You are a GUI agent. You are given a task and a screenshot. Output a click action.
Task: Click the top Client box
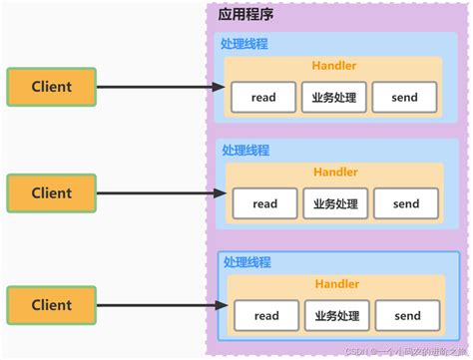click(x=52, y=87)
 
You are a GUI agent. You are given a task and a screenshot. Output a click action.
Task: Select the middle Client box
click(x=52, y=193)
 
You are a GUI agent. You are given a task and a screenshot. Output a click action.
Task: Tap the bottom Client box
click(x=52, y=304)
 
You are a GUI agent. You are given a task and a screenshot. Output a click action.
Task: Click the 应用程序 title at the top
click(x=245, y=14)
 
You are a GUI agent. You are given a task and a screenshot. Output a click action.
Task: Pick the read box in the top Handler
click(x=264, y=98)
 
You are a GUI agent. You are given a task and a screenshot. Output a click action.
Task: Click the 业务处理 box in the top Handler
click(x=334, y=98)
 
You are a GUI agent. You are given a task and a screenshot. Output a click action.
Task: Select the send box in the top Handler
click(x=406, y=98)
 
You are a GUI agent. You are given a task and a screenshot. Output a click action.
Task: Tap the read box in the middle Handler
click(x=264, y=203)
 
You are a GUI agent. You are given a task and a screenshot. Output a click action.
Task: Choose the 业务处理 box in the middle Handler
click(x=334, y=203)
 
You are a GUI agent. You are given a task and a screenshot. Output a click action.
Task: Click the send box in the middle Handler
click(x=406, y=203)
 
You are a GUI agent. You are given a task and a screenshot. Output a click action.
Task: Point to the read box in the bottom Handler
click(x=266, y=316)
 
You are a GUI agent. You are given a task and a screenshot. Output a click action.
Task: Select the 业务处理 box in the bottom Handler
click(x=336, y=316)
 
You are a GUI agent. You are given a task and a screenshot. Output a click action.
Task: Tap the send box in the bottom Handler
click(x=407, y=316)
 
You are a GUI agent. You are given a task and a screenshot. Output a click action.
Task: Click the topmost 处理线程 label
click(x=244, y=44)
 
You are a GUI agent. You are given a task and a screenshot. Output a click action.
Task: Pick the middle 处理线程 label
click(x=244, y=150)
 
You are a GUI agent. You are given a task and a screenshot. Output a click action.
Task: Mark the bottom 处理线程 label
click(x=247, y=262)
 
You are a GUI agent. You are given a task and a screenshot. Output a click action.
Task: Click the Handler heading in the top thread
click(x=335, y=66)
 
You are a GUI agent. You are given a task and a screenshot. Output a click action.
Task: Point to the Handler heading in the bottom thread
click(x=337, y=284)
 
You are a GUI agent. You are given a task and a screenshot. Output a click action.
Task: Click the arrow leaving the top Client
click(x=160, y=87)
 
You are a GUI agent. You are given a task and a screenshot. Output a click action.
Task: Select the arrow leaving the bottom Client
click(x=160, y=304)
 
